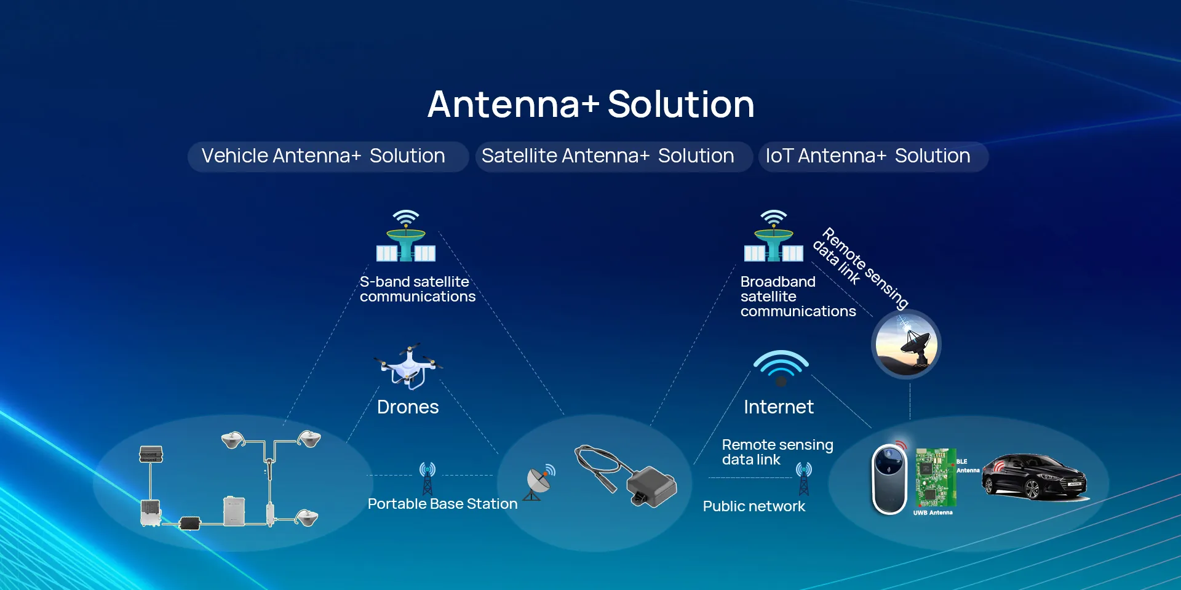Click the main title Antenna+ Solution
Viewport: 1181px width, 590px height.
[x=590, y=104]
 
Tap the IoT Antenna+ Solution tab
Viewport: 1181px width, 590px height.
[x=873, y=156]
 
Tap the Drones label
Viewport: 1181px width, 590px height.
[x=408, y=407]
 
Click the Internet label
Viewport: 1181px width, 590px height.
[x=779, y=407]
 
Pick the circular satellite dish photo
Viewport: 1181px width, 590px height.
[x=906, y=345]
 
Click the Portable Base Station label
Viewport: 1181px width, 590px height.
[x=442, y=504]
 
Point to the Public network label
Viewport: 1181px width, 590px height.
[x=754, y=506]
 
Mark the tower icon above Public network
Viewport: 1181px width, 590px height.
[x=804, y=479]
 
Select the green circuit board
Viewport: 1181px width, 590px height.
[x=936, y=477]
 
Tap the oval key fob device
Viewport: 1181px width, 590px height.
[x=889, y=478]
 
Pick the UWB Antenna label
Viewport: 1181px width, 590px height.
[x=932, y=512]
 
